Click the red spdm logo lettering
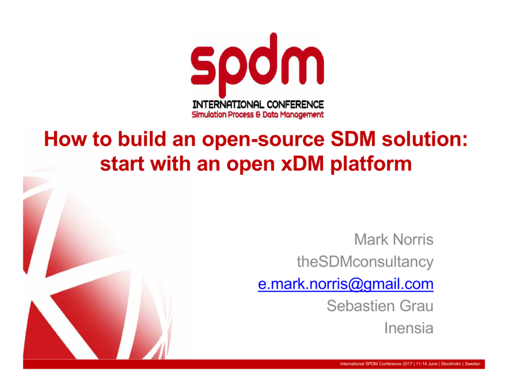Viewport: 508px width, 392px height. tap(257, 64)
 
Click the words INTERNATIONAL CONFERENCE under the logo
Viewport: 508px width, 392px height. tap(258, 105)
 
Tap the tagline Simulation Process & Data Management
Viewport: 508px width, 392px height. tap(258, 115)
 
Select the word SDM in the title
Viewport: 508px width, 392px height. tap(342, 139)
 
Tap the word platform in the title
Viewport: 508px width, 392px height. tap(372, 164)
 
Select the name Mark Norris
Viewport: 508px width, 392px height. tap(393, 239)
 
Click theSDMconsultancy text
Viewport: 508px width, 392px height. tap(365, 262)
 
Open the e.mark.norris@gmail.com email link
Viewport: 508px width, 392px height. tap(346, 284)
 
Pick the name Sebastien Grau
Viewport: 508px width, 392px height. tap(380, 306)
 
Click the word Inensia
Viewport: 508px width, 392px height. tap(409, 328)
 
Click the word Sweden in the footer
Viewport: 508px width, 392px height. tap(473, 364)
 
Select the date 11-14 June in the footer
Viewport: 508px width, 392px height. tap(427, 364)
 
